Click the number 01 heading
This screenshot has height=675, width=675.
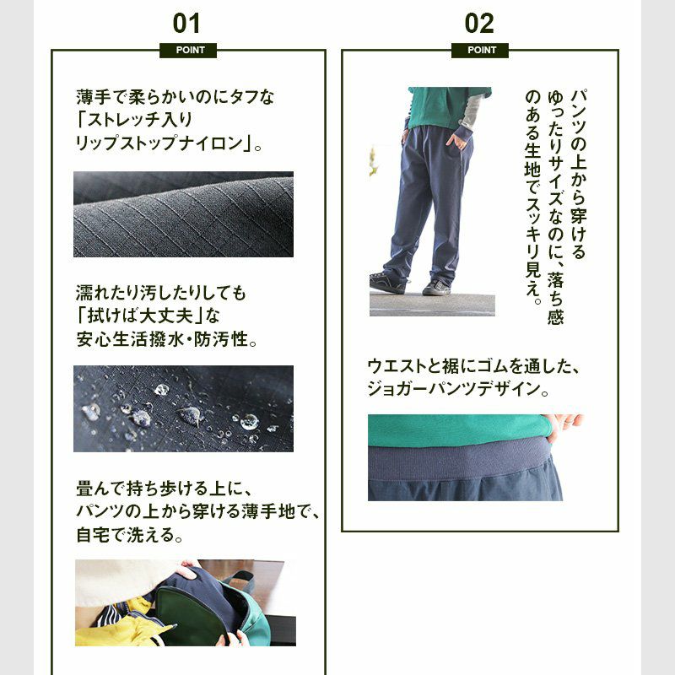[186, 24]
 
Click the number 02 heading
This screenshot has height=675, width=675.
[479, 24]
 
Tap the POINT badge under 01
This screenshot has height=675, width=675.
[188, 51]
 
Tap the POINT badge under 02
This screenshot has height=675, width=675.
[480, 51]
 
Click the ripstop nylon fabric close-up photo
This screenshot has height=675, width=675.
[183, 214]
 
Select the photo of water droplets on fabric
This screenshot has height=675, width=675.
[183, 408]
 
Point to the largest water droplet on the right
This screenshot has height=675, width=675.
[249, 422]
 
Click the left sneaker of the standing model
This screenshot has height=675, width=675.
[387, 283]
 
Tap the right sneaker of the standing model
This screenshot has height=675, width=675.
[436, 288]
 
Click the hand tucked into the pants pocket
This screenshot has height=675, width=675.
[456, 140]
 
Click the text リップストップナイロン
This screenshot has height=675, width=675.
[159, 143]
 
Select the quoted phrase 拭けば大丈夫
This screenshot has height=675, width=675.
[140, 316]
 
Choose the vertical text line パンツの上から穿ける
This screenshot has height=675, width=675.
[578, 174]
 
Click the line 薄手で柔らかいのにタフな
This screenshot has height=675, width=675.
[175, 97]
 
